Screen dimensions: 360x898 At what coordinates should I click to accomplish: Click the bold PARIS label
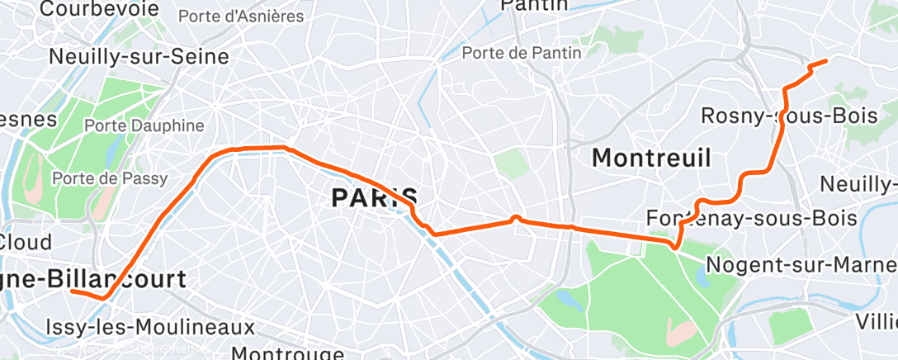pos(374,197)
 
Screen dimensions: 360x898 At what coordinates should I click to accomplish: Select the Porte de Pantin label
pos(522,53)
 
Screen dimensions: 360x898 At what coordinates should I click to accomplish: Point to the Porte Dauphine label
pos(144,126)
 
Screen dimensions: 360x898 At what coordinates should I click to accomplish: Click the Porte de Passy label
pos(110,178)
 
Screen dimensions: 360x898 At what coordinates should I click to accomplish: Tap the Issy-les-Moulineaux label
pos(150,327)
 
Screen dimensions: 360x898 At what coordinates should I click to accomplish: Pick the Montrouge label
pos(287,353)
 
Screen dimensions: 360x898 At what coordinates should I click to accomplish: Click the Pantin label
pos(535,6)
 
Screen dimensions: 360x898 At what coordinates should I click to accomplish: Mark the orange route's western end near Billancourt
pos(72,291)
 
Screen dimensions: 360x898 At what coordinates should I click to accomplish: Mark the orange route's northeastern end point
pos(825,61)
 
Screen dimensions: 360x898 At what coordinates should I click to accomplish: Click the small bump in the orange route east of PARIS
pos(516,218)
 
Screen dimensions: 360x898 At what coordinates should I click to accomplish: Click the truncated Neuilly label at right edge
pos(858,182)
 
